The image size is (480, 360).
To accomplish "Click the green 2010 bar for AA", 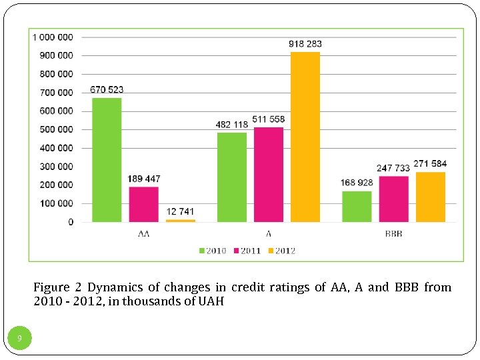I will point(107,160).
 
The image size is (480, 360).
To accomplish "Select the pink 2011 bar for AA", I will point(143,204).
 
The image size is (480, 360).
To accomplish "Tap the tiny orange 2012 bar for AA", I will point(180,220).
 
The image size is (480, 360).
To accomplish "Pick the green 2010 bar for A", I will point(232,177).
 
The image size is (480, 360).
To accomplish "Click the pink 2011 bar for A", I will point(269,175).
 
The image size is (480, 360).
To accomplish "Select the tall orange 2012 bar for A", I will point(305,137).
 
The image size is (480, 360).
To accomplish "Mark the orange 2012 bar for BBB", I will point(430,197).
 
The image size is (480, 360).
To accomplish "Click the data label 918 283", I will point(305,44).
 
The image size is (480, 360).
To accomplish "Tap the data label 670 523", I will point(107,90).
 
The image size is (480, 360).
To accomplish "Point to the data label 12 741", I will point(180,212).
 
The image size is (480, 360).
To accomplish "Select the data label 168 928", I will point(356,183).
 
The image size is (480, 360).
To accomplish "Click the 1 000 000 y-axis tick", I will point(53,37).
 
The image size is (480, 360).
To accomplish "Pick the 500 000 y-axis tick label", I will point(57,129).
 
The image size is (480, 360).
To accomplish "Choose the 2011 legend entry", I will point(247,251).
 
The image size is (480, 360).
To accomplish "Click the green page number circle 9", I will point(19,339).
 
